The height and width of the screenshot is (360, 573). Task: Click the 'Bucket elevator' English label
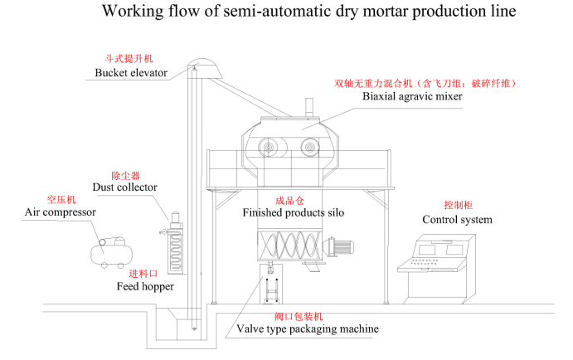(x=126, y=73)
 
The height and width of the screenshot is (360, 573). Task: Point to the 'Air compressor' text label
(x=60, y=212)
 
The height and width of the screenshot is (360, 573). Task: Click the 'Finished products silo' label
(x=293, y=213)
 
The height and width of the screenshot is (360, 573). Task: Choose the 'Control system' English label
(x=457, y=220)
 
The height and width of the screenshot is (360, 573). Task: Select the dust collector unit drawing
(x=176, y=245)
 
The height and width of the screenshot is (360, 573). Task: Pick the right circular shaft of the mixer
(x=310, y=148)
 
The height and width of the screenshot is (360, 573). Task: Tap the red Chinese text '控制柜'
(x=457, y=204)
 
